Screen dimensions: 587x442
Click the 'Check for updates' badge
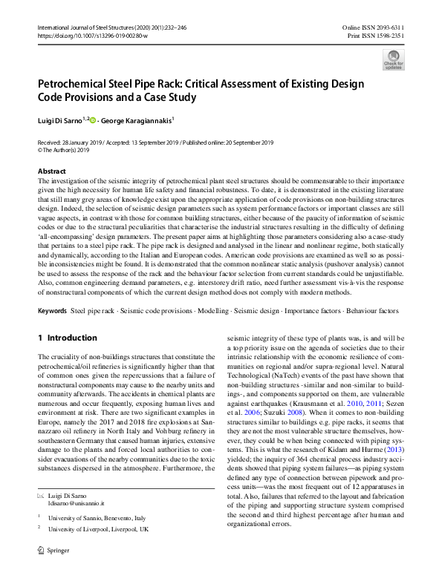[x=393, y=59]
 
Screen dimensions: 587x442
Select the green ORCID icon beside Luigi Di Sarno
[x=93, y=119]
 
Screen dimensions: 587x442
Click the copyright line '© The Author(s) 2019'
[x=64, y=150]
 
